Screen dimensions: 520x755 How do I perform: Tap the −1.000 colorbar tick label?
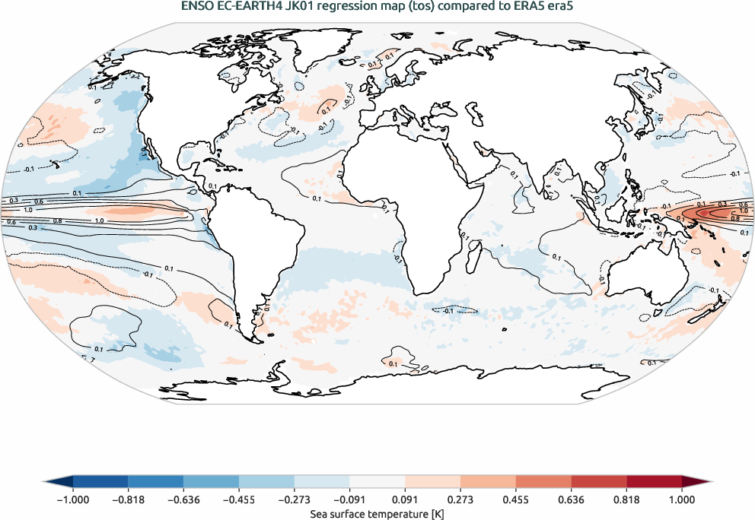pos(72,499)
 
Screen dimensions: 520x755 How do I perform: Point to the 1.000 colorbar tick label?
pos(682,499)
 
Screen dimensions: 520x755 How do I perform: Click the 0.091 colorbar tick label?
pos(405,499)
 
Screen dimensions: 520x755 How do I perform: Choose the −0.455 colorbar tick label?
pos(239,499)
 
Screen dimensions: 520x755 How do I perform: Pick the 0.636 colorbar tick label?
pos(571,499)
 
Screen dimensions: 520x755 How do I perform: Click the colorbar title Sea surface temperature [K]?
pos(377,514)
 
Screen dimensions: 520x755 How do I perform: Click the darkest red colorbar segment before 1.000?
pos(654,482)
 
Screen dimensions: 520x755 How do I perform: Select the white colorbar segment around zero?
pos(377,482)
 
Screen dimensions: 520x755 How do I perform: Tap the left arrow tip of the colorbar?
pos(45,482)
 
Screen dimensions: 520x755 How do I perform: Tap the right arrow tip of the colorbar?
pos(709,482)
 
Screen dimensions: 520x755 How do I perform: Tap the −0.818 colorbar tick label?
pos(128,499)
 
